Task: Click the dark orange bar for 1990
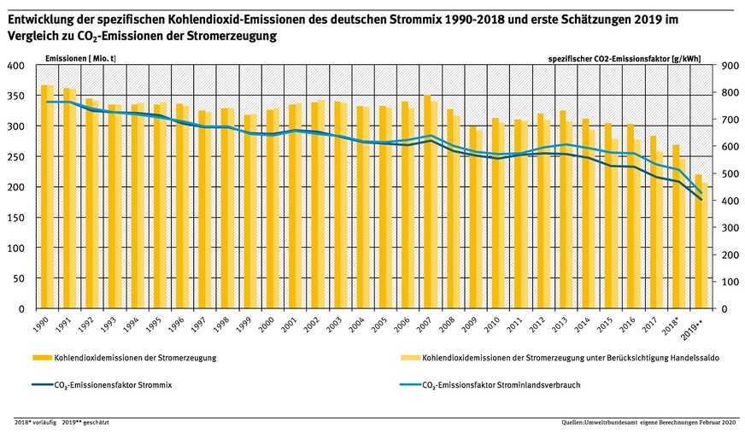44,196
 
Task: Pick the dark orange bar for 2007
427,202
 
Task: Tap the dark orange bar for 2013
562,209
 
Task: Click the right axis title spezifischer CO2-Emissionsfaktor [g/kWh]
624,57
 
